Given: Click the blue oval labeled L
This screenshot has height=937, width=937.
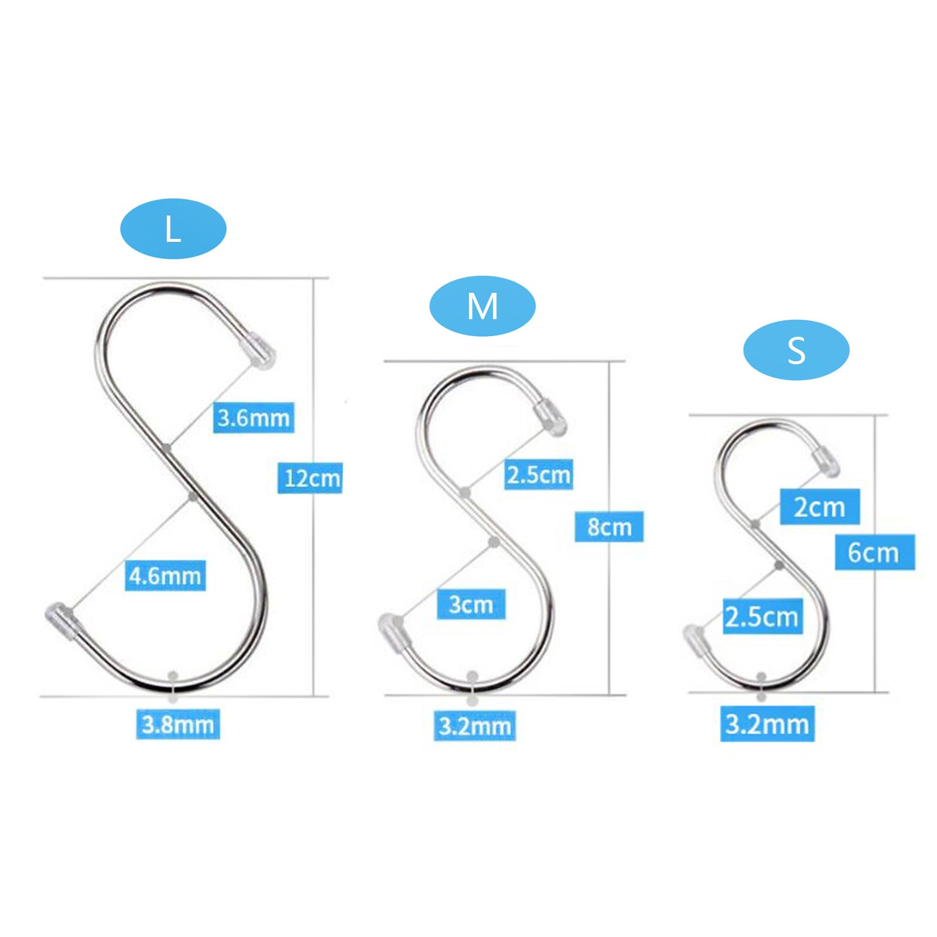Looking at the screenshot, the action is coord(173,229).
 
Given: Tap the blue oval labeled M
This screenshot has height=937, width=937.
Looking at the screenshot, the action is coord(483,306).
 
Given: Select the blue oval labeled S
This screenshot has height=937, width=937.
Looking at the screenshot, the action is coord(796,350).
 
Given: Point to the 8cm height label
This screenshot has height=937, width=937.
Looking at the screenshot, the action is coord(609,526).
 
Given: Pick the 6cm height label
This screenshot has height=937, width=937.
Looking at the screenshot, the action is coord(874,552).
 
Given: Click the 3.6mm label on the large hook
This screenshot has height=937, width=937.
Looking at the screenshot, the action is coord(254,418).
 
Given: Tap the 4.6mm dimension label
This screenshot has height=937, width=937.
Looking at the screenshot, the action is coord(165,576).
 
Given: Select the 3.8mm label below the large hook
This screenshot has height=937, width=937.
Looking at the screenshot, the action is coord(178,724).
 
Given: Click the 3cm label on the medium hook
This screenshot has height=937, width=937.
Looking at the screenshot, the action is coord(471,604).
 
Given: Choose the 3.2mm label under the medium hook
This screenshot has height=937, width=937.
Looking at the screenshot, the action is coord(475,726).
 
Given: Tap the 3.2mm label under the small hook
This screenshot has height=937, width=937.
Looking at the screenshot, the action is coord(767,724).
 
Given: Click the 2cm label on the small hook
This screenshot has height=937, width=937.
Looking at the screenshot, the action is coord(820,507).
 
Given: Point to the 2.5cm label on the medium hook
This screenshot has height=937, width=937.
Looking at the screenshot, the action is coord(539,474).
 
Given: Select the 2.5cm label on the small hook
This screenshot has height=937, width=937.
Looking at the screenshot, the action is coord(761,616).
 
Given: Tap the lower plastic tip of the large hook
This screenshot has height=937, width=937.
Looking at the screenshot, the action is coord(62,619).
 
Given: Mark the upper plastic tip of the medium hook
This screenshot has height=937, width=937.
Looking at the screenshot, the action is coord(550,416).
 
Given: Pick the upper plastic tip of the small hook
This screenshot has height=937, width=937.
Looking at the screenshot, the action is coord(826,461).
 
